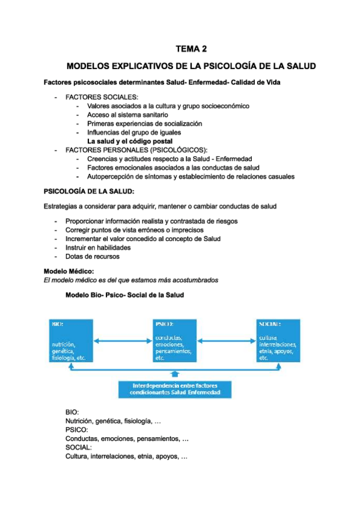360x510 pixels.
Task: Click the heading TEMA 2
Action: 191,49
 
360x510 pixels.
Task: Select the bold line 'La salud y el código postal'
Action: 129,141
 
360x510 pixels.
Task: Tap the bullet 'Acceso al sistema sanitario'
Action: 127,114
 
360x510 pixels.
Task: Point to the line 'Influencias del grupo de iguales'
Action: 134,132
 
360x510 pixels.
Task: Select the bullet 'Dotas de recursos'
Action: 93,256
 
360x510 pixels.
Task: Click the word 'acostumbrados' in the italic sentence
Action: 196,280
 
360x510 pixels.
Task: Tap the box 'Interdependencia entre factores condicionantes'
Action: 175,389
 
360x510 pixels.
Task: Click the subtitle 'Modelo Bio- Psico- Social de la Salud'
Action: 124,295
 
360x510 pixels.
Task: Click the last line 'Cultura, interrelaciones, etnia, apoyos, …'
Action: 126,456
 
